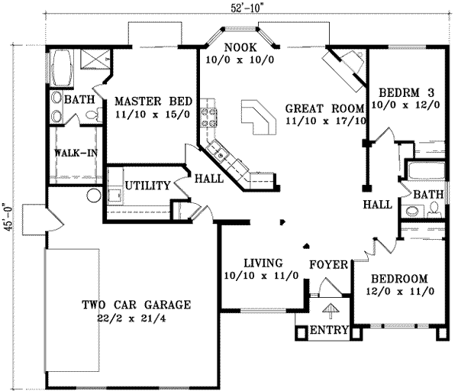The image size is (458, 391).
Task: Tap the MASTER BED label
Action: pyautogui.click(x=152, y=101)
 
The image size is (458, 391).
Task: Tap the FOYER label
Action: pyautogui.click(x=328, y=264)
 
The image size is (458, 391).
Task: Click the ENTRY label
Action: pyautogui.click(x=331, y=331)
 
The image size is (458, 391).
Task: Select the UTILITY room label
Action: pyautogui.click(x=147, y=185)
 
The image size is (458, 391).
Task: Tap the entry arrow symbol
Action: pyautogui.click(x=331, y=311)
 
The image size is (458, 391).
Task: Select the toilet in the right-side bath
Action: pyautogui.click(x=436, y=206)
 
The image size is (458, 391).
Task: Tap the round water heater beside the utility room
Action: pyautogui.click(x=95, y=195)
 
